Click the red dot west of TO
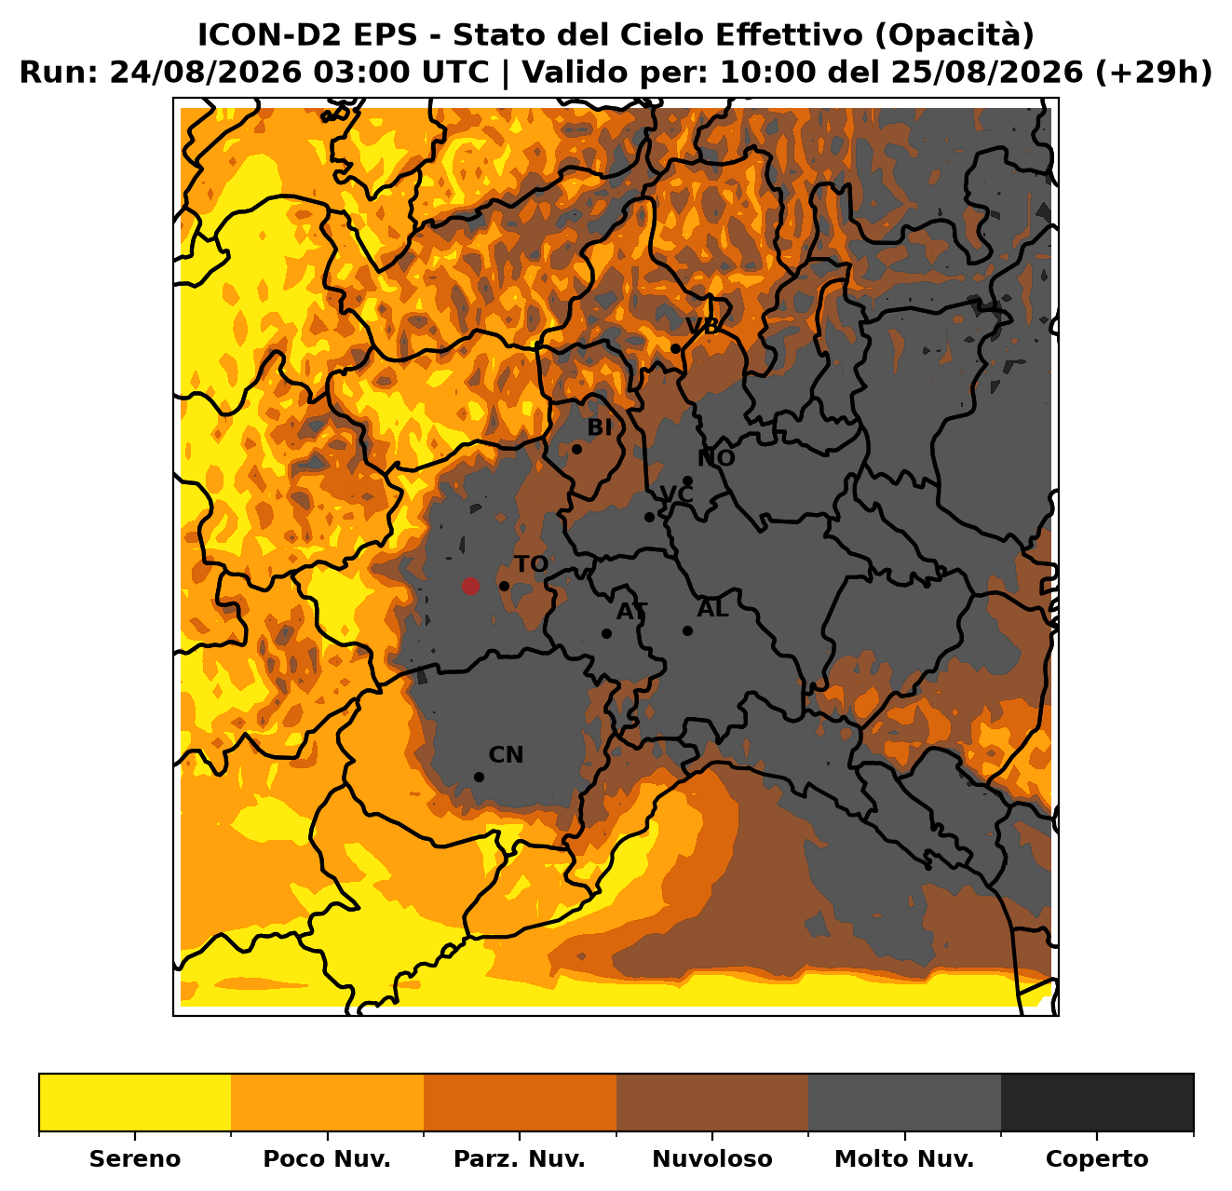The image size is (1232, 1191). click(x=469, y=586)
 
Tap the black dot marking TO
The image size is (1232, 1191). click(x=504, y=586)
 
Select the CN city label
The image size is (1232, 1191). click(x=506, y=755)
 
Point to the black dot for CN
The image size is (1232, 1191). click(x=479, y=777)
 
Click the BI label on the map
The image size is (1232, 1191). click(x=599, y=428)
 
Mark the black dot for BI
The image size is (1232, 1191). click(x=576, y=449)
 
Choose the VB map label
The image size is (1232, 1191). click(x=702, y=326)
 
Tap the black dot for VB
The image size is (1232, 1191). click(x=675, y=349)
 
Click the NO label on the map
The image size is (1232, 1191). click(x=716, y=458)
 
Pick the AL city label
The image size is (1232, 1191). click(x=713, y=608)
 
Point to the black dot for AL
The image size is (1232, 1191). click(x=687, y=630)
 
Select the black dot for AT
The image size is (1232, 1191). click(x=606, y=633)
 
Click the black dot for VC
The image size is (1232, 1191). click(x=649, y=518)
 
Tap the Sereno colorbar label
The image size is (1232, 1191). click(x=135, y=1158)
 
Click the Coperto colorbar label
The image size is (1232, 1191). click(x=1097, y=1158)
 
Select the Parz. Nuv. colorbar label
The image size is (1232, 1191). click(x=519, y=1158)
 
